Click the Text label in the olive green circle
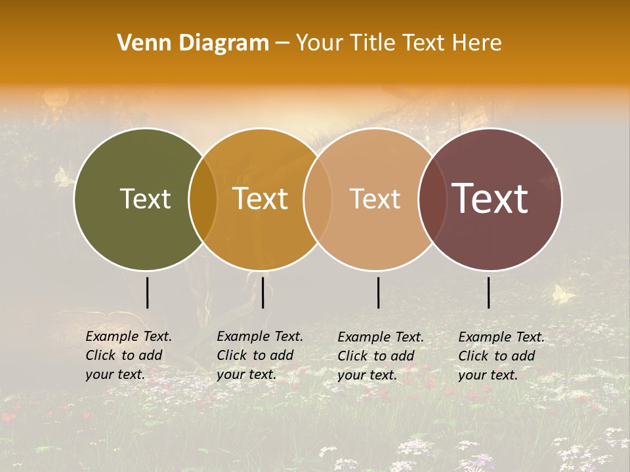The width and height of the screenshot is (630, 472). [145, 199]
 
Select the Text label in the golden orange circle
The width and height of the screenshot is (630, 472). [261, 199]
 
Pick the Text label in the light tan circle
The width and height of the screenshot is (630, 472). [375, 199]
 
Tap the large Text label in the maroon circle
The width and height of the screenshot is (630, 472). [490, 199]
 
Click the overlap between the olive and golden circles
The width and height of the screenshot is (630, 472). [203, 199]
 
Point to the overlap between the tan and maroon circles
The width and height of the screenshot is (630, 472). [432, 199]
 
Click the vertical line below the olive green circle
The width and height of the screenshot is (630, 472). [147, 292]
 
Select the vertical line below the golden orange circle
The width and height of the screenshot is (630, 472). [262, 292]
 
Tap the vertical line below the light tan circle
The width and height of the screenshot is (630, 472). [378, 292]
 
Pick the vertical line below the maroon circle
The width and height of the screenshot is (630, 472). [488, 292]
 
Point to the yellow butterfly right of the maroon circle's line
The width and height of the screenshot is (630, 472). [562, 294]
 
